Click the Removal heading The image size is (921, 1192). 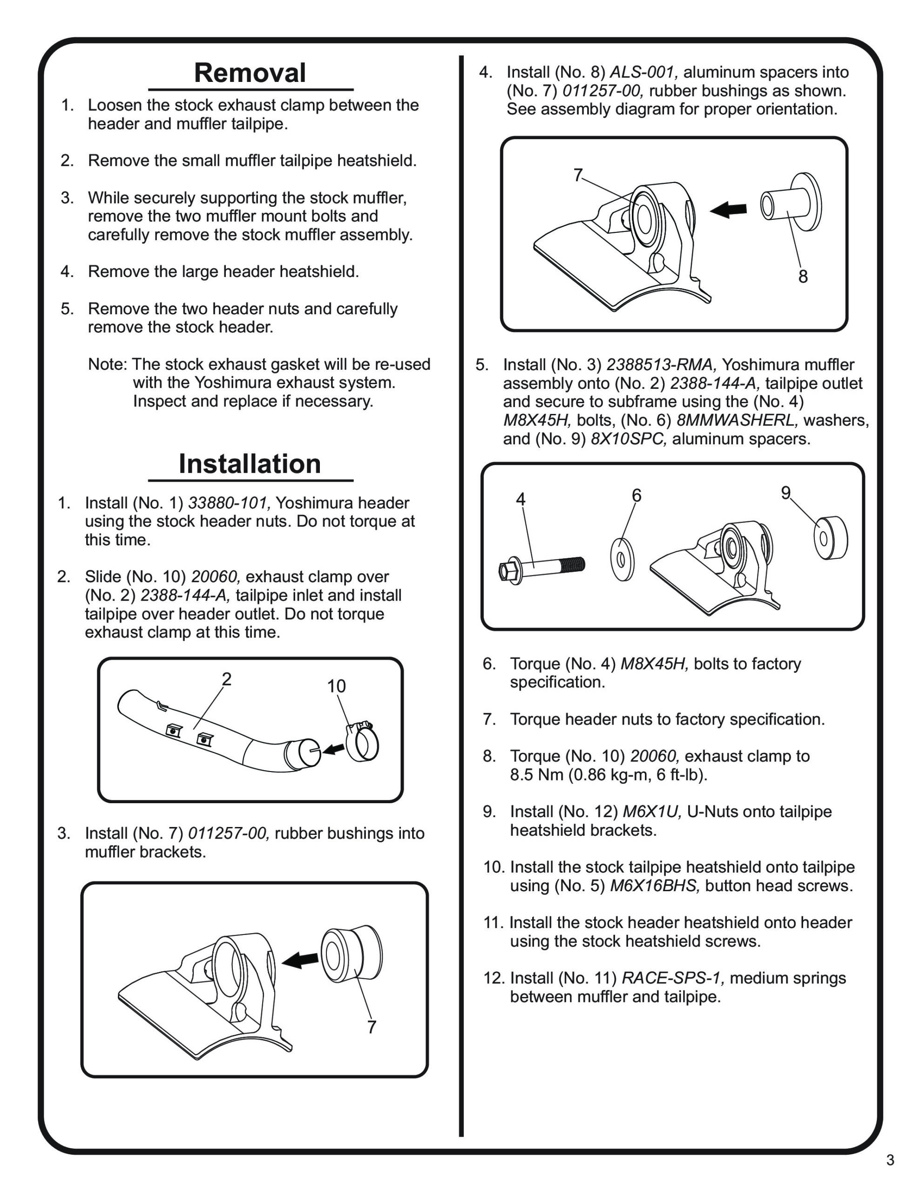[250, 73]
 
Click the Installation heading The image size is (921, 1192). [250, 464]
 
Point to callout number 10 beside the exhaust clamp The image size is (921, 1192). [336, 686]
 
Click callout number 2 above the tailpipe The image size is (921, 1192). [227, 679]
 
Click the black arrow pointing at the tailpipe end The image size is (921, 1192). [333, 749]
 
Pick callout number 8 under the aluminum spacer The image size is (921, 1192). [803, 277]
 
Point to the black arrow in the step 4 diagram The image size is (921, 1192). [728, 209]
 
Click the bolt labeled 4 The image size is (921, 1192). [542, 568]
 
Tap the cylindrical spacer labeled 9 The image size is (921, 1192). [830, 538]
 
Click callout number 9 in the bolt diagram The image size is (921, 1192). [786, 493]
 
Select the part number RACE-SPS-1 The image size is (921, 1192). [673, 977]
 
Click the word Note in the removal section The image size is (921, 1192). [107, 364]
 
